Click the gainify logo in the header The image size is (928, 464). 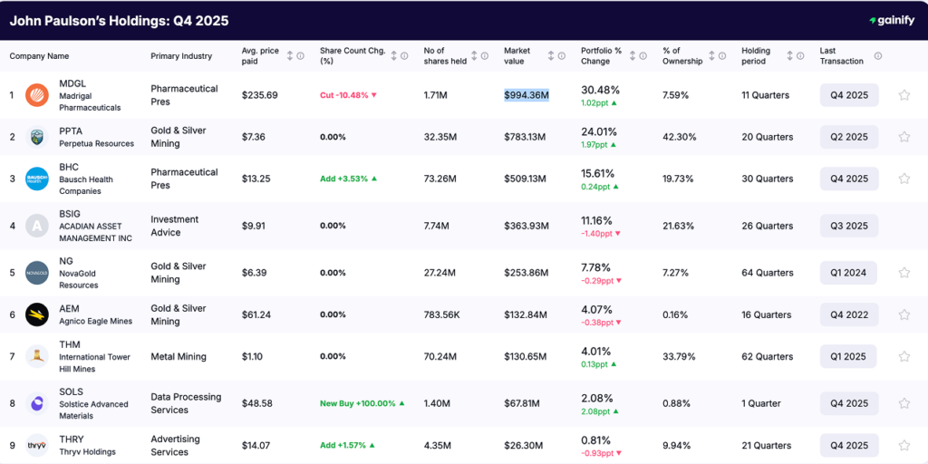(x=892, y=20)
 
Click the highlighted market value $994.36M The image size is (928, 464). (x=527, y=95)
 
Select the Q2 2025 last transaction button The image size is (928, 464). (x=849, y=137)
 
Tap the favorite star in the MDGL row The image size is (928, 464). (x=904, y=95)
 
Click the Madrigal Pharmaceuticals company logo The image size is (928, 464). (x=37, y=95)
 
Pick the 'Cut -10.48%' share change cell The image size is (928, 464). (x=348, y=95)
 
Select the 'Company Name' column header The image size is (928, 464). (x=39, y=56)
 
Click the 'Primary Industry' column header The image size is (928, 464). (x=181, y=56)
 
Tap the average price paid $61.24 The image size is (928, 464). (x=259, y=314)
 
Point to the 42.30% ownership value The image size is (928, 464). (x=679, y=137)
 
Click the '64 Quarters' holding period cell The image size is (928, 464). (x=767, y=273)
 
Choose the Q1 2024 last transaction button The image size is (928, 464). (x=849, y=273)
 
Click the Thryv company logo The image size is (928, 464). (x=37, y=445)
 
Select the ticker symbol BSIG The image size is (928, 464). (x=71, y=213)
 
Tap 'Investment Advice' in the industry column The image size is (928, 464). (x=174, y=226)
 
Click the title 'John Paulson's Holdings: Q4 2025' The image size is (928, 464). (x=119, y=20)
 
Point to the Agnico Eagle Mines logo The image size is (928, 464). (x=37, y=314)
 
